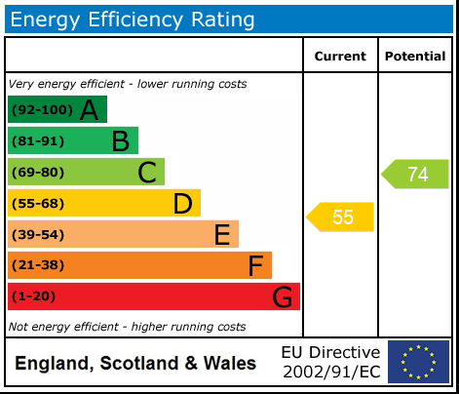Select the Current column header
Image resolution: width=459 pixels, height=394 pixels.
pos(340,57)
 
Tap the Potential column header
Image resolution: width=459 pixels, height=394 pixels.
pos(415,57)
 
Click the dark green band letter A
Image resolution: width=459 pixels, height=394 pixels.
pos(90,110)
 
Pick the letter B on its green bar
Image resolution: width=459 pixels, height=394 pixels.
pos(120,141)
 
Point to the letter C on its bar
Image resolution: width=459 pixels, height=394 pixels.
pos(147,173)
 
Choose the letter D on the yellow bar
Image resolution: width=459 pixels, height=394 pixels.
pos(182,204)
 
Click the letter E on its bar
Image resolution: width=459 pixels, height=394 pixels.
pos(221,235)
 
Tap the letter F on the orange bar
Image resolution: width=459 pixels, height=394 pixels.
pos(255,266)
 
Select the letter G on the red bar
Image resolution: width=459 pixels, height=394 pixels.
pos(283,297)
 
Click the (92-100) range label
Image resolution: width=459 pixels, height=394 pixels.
pos(40,110)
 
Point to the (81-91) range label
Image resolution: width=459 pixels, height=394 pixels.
pos(38,141)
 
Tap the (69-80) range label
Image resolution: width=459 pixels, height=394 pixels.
pos(38,173)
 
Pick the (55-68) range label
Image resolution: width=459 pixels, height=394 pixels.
pos(38,204)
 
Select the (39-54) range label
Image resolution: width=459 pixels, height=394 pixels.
pos(38,235)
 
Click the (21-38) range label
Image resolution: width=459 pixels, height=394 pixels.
pos(38,266)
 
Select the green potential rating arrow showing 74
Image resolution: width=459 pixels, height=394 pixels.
pos(415,175)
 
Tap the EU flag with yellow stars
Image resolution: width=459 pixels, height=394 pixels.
pos(418,361)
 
